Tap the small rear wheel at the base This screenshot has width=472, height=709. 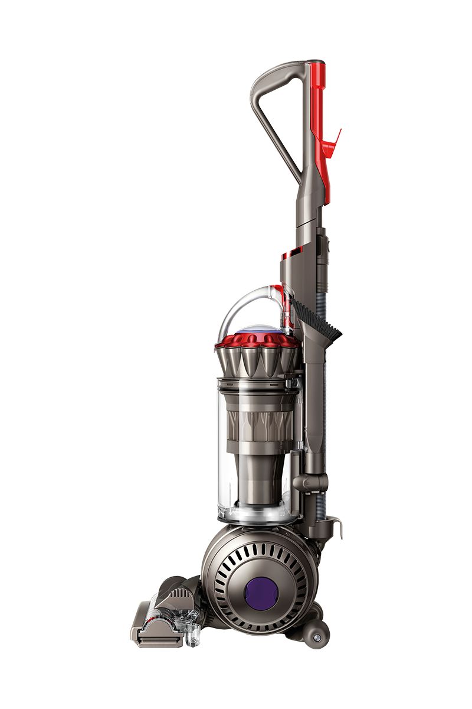click(317, 638)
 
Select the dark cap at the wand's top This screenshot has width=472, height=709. click(315, 61)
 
